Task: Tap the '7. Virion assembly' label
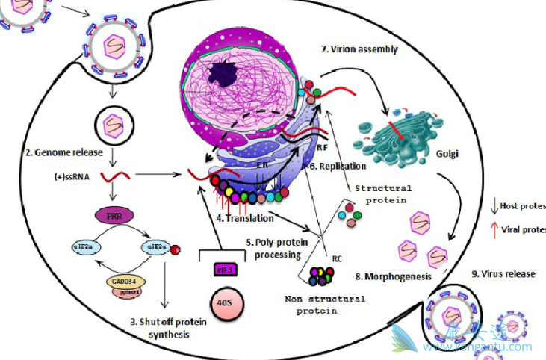click(x=359, y=49)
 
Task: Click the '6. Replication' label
click(x=338, y=166)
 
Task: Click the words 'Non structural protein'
click(x=325, y=305)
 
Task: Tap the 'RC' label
click(x=337, y=259)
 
